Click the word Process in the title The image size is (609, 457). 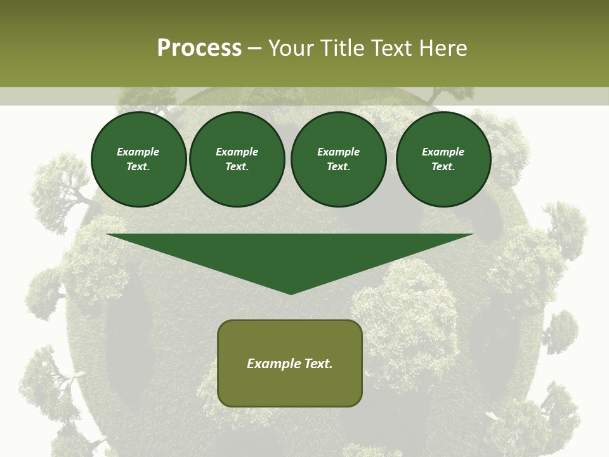tap(199, 48)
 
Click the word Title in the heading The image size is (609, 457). tap(342, 48)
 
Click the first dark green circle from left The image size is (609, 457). tap(138, 159)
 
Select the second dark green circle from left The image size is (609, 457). tap(237, 159)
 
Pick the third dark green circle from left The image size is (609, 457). tap(338, 159)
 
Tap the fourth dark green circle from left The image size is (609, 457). tap(443, 159)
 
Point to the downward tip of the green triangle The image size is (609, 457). tap(291, 293)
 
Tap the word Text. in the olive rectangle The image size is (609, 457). tap(317, 364)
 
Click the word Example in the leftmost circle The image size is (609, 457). tap(138, 152)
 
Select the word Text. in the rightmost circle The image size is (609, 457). tap(443, 167)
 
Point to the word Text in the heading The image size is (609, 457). tap(390, 48)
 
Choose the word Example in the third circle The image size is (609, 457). tap(338, 152)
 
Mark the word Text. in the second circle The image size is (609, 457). tap(237, 167)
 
